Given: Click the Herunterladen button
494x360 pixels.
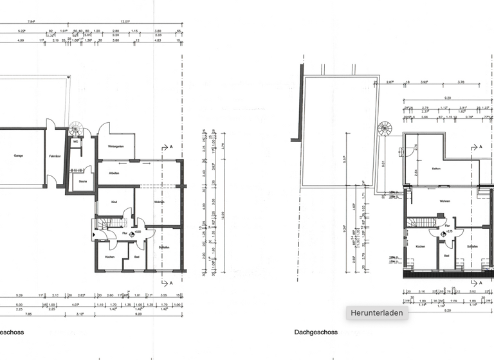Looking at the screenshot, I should pyautogui.click(x=377, y=313).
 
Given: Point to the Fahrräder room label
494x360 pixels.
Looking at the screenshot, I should pyautogui.click(x=55, y=156).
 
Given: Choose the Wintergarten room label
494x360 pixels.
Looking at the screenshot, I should pyautogui.click(x=115, y=147).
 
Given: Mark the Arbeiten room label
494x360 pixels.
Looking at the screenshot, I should pyautogui.click(x=114, y=174).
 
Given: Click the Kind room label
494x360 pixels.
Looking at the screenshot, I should pyautogui.click(x=114, y=203).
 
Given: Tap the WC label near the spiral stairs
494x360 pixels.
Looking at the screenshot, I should pyautogui.click(x=75, y=141).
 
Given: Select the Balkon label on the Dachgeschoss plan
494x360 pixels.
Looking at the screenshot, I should pyautogui.click(x=435, y=170).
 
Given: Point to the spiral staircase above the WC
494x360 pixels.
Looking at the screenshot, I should pyautogui.click(x=77, y=125).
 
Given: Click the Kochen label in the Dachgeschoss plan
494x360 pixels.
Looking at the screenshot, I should pyautogui.click(x=420, y=247).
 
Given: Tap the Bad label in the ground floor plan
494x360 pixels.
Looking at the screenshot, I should pyautogui.click(x=136, y=257).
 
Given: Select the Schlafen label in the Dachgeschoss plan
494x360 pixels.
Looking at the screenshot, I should pyautogui.click(x=473, y=247).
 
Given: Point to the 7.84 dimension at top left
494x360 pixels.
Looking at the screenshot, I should pyautogui.click(x=30, y=21).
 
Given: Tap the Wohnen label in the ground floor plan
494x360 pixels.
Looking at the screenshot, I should pyautogui.click(x=159, y=203).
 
